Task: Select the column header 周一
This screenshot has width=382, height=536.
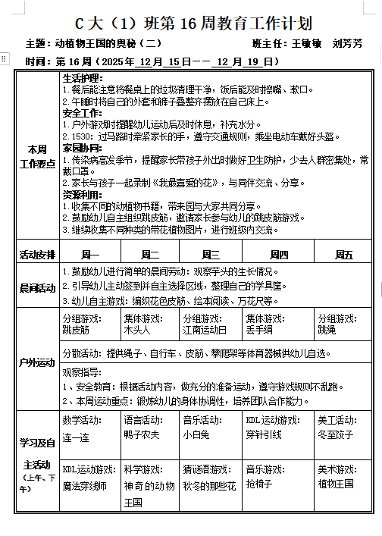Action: click(x=89, y=255)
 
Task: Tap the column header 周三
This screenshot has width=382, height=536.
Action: click(x=211, y=255)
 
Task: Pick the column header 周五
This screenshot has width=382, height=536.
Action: click(x=343, y=255)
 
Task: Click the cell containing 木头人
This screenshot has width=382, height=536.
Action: click(x=149, y=324)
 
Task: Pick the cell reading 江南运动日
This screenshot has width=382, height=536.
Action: click(x=210, y=324)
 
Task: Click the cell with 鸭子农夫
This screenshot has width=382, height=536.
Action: click(x=149, y=429)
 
